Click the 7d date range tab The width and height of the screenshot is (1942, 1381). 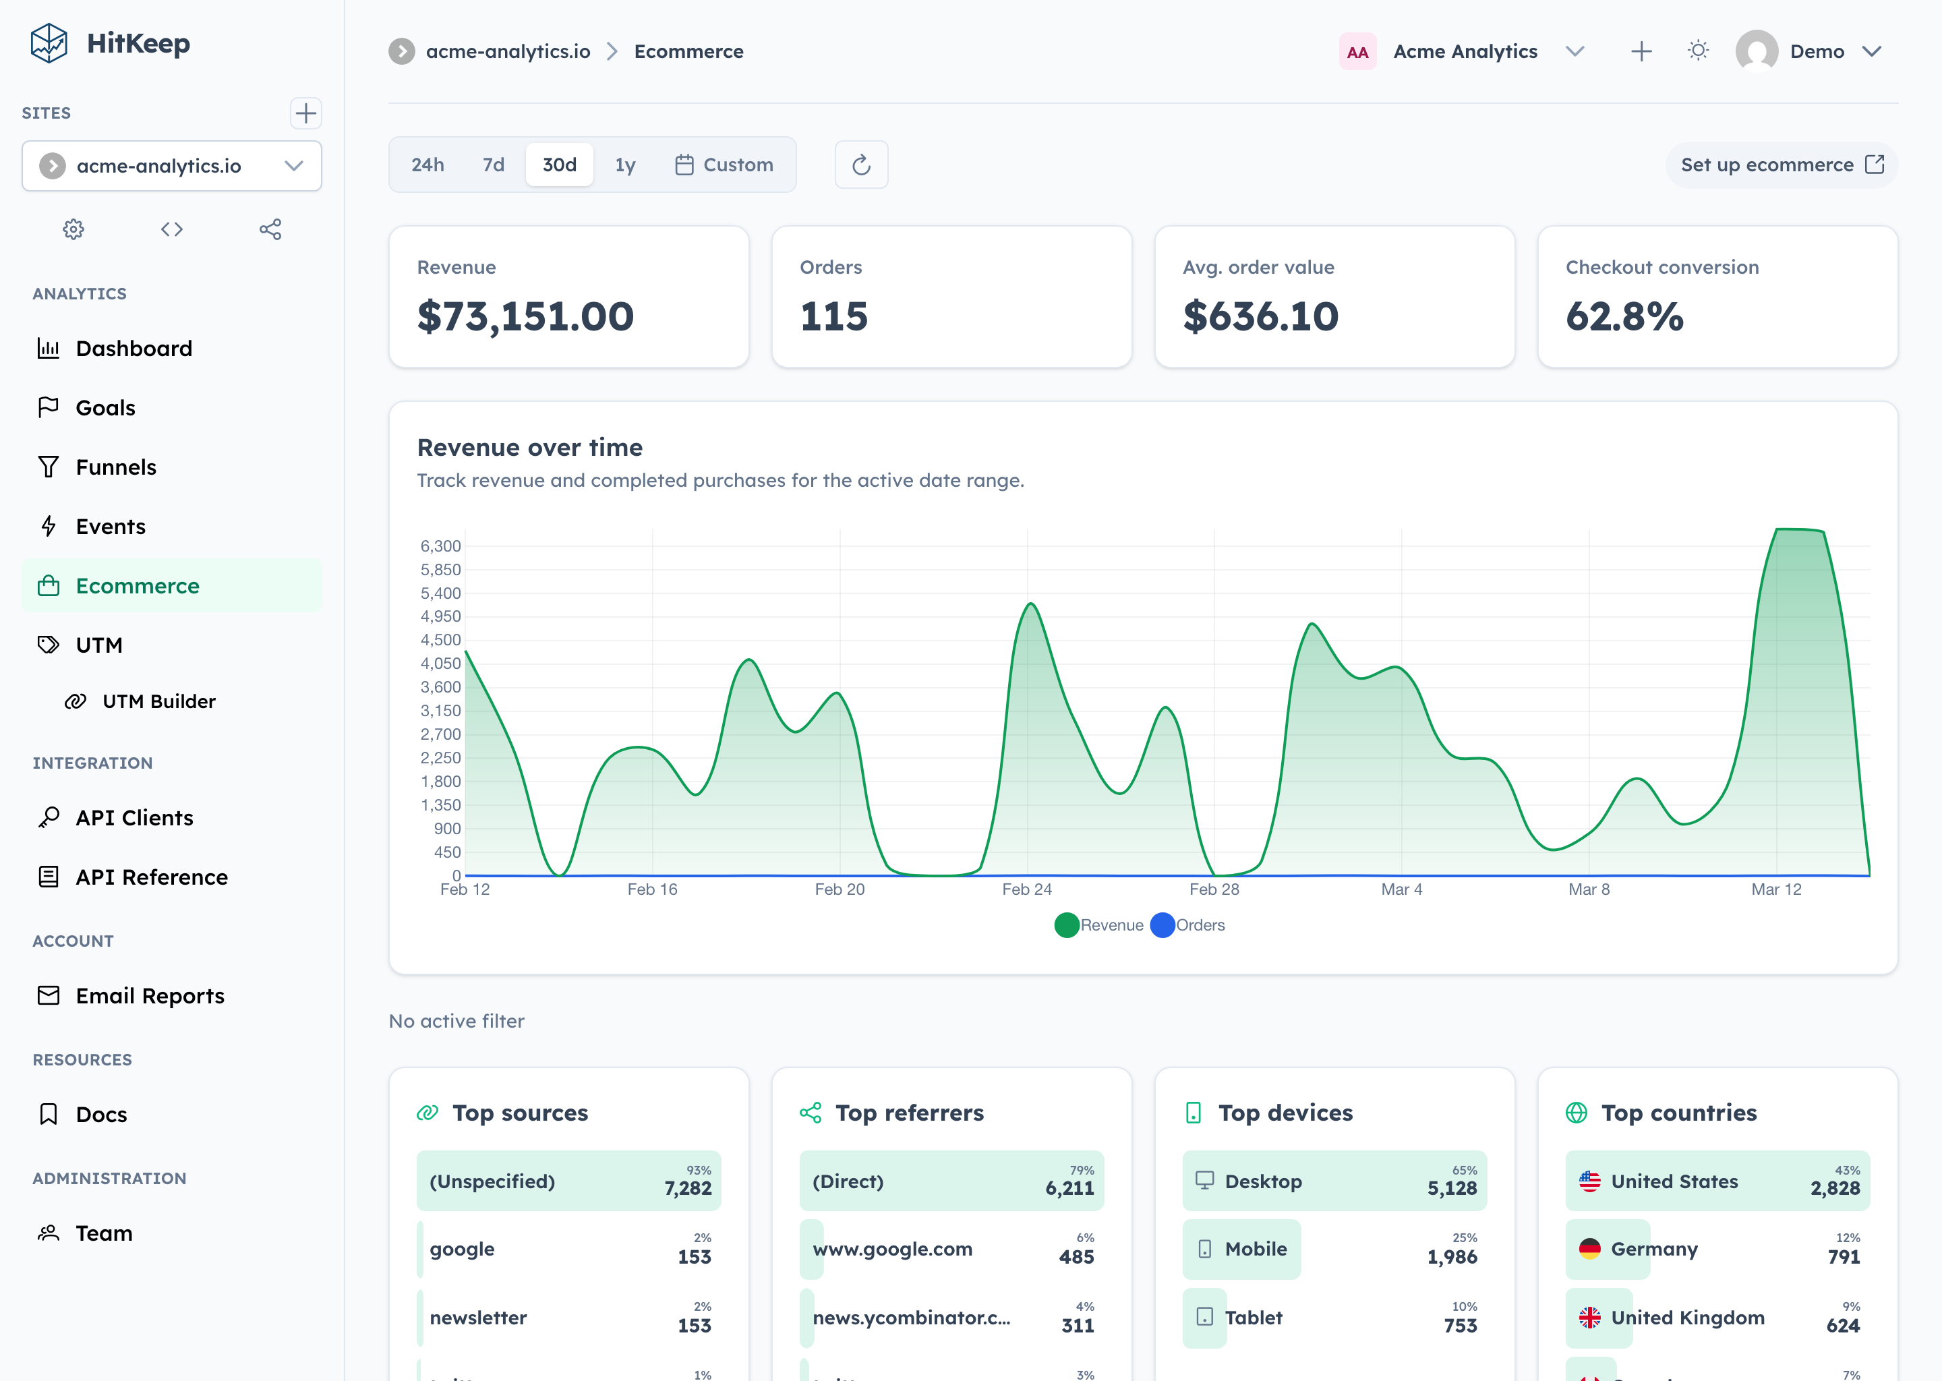pyautogui.click(x=493, y=165)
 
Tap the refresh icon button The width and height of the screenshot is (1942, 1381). pyautogui.click(x=861, y=165)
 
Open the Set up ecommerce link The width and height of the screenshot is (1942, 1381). pyautogui.click(x=1782, y=165)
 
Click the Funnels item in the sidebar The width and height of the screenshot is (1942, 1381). pyautogui.click(x=115, y=467)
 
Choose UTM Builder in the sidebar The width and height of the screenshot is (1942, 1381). pyautogui.click(x=158, y=701)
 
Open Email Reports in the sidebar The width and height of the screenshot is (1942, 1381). pyautogui.click(x=150, y=996)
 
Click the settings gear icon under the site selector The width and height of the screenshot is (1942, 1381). pyautogui.click(x=74, y=229)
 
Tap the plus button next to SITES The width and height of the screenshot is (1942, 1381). pyautogui.click(x=305, y=113)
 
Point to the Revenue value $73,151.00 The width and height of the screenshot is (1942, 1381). pyautogui.click(x=525, y=316)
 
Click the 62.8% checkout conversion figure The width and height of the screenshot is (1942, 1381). pyautogui.click(x=1624, y=316)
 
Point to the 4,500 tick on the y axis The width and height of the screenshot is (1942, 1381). pyautogui.click(x=440, y=639)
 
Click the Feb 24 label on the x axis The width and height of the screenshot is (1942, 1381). pyautogui.click(x=1026, y=889)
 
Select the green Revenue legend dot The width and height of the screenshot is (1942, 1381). pyautogui.click(x=1066, y=925)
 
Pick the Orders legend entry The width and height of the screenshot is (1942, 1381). pyautogui.click(x=1188, y=925)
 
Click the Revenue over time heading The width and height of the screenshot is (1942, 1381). pyautogui.click(x=530, y=447)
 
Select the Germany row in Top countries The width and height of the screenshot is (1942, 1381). pyautogui.click(x=1717, y=1250)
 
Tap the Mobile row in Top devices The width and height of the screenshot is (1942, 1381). pyautogui.click(x=1334, y=1250)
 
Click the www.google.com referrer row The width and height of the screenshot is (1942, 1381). pyautogui.click(x=951, y=1250)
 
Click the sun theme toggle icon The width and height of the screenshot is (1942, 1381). pyautogui.click(x=1698, y=51)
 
